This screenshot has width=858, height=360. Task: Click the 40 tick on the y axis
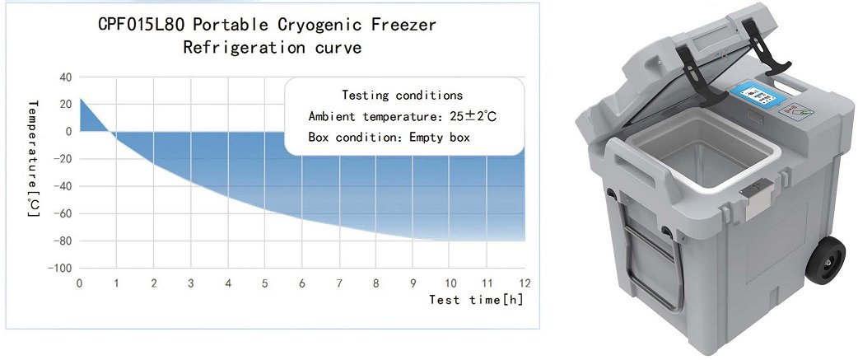coord(66,77)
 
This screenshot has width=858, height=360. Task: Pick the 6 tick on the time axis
coord(301,284)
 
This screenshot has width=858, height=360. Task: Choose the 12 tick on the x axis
coord(525,284)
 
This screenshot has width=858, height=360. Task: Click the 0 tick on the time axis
coord(80,284)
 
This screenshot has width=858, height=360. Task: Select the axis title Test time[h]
coord(476,300)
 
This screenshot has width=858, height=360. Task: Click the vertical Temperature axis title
coord(34,158)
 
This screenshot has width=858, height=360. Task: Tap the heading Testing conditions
coord(402,96)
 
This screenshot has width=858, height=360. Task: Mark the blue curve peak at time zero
coord(81,99)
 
